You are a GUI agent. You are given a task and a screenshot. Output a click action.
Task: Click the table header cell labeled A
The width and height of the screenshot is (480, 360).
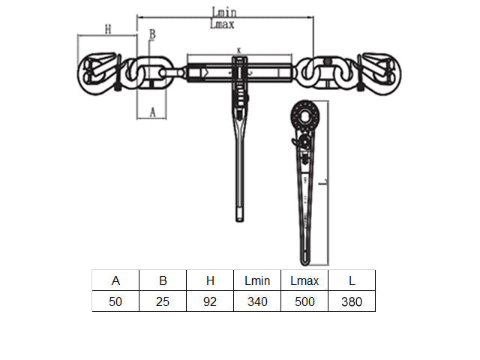click(115, 280)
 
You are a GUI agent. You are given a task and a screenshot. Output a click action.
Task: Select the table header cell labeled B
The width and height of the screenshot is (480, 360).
click(163, 280)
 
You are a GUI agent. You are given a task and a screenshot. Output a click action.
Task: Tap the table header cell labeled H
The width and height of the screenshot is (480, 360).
click(210, 280)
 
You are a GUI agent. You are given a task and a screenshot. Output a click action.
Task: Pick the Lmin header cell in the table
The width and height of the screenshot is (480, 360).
click(257, 280)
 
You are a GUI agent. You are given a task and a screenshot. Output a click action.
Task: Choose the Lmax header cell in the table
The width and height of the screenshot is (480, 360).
click(304, 280)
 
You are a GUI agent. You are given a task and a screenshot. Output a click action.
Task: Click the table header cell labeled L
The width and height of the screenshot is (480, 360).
click(352, 280)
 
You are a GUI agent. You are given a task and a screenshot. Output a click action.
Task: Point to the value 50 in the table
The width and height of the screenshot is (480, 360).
click(115, 301)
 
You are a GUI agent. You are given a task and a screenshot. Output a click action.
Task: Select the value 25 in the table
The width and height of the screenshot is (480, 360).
click(163, 301)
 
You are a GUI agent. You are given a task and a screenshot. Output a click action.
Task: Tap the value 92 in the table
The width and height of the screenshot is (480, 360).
click(210, 301)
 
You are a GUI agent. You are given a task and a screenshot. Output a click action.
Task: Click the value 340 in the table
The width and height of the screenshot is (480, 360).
click(257, 301)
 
